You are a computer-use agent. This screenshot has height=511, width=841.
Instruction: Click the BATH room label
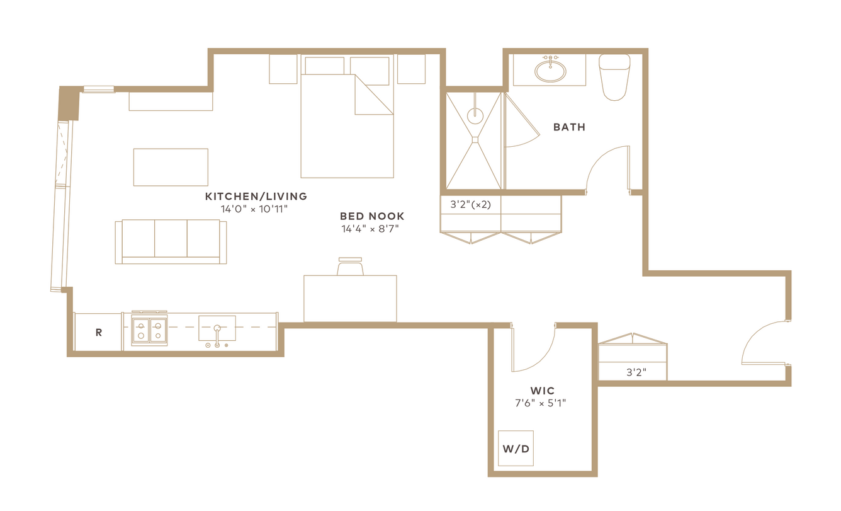coord(569,127)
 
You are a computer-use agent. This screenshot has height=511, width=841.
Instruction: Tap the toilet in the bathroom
coord(614,77)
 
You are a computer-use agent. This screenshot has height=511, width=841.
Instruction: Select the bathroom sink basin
coord(550,71)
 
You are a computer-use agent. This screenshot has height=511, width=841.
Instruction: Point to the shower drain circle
coord(475,116)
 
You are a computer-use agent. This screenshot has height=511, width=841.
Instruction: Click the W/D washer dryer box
coord(516,448)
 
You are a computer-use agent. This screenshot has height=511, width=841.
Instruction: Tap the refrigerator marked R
coord(98,332)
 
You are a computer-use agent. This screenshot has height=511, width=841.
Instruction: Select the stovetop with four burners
coord(149,329)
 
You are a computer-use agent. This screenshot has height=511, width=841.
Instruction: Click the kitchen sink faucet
coord(217,336)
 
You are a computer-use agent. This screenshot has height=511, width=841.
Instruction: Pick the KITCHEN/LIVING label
coord(256,196)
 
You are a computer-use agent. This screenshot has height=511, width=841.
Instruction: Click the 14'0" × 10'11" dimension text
coord(254,209)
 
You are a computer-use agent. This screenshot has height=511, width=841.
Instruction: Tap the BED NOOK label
coord(372,216)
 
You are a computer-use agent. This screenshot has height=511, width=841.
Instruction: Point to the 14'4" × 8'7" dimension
coord(370,229)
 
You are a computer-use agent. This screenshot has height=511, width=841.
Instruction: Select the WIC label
coord(542,391)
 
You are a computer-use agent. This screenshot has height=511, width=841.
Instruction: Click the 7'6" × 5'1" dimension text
coord(541,403)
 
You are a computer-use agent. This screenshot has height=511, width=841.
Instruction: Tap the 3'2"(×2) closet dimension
coord(470,204)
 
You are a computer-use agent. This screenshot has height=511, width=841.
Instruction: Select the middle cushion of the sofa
coord(171,239)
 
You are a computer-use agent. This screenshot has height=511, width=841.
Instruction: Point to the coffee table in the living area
coord(171,167)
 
